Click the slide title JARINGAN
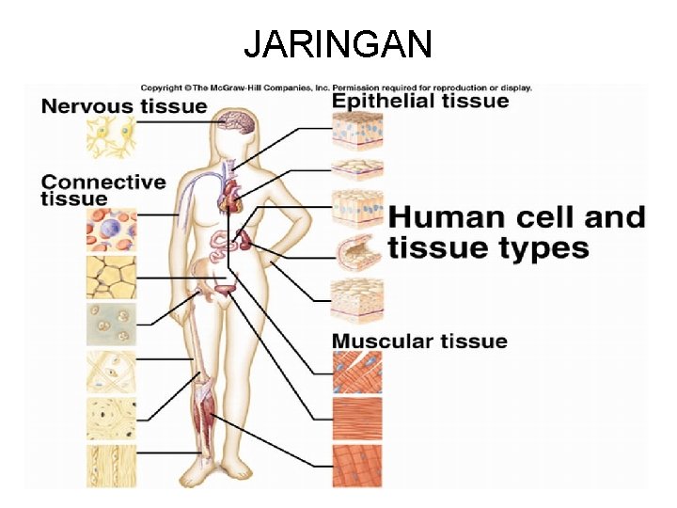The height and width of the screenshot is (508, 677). pos(338,43)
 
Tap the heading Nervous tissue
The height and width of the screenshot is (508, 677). pos(123,105)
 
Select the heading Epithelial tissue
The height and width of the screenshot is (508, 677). pos(420,101)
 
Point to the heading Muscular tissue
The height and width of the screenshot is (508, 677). pos(419,341)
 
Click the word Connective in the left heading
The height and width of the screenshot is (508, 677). pos(103,182)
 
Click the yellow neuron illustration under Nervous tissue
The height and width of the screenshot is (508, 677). pos(111,137)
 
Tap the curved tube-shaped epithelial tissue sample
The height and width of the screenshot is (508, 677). pos(358,251)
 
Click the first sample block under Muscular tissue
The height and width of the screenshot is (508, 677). pos(357,373)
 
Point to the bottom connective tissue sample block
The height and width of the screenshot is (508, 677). pos(111,466)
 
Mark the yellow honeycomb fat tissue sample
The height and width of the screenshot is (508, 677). pos(111,277)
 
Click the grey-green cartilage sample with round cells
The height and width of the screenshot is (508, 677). pos(111,324)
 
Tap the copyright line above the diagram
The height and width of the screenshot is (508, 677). pos(337,87)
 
